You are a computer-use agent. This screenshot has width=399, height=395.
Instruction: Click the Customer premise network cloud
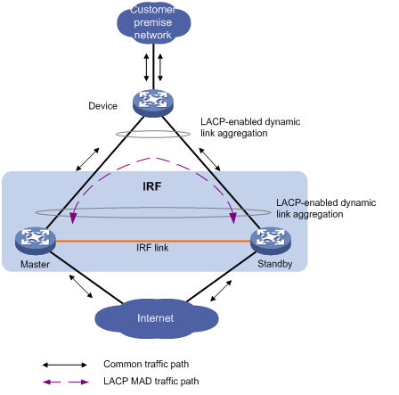click(x=153, y=23)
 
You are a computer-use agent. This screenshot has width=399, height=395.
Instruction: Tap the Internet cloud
click(x=157, y=318)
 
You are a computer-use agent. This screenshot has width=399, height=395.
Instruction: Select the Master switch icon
click(x=36, y=241)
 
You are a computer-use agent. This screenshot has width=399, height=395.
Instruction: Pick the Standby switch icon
click(x=271, y=241)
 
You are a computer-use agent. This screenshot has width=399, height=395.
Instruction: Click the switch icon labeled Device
click(x=153, y=103)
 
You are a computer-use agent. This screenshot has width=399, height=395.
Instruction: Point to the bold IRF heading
click(x=152, y=186)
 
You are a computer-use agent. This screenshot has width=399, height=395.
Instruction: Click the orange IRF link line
click(x=153, y=241)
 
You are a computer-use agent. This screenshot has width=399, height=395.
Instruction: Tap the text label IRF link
click(x=152, y=248)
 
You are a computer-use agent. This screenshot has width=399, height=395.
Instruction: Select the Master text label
click(x=35, y=264)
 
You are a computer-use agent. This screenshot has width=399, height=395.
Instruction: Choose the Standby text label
click(x=275, y=264)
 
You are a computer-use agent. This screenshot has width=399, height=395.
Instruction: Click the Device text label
click(x=102, y=106)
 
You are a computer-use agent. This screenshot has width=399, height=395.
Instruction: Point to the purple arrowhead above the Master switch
click(x=72, y=218)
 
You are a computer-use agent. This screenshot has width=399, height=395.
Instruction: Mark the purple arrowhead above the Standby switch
click(x=233, y=218)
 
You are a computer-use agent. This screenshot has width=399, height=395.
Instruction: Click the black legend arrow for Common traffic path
click(x=65, y=365)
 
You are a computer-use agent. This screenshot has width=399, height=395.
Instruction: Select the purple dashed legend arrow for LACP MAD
click(x=66, y=382)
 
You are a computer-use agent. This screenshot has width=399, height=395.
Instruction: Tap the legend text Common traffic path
click(x=146, y=364)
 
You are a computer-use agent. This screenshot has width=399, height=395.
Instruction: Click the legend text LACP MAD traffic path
click(x=151, y=381)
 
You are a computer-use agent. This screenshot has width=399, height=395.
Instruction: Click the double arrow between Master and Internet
click(x=81, y=286)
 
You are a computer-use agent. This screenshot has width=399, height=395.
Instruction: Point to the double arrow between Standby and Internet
click(x=221, y=291)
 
